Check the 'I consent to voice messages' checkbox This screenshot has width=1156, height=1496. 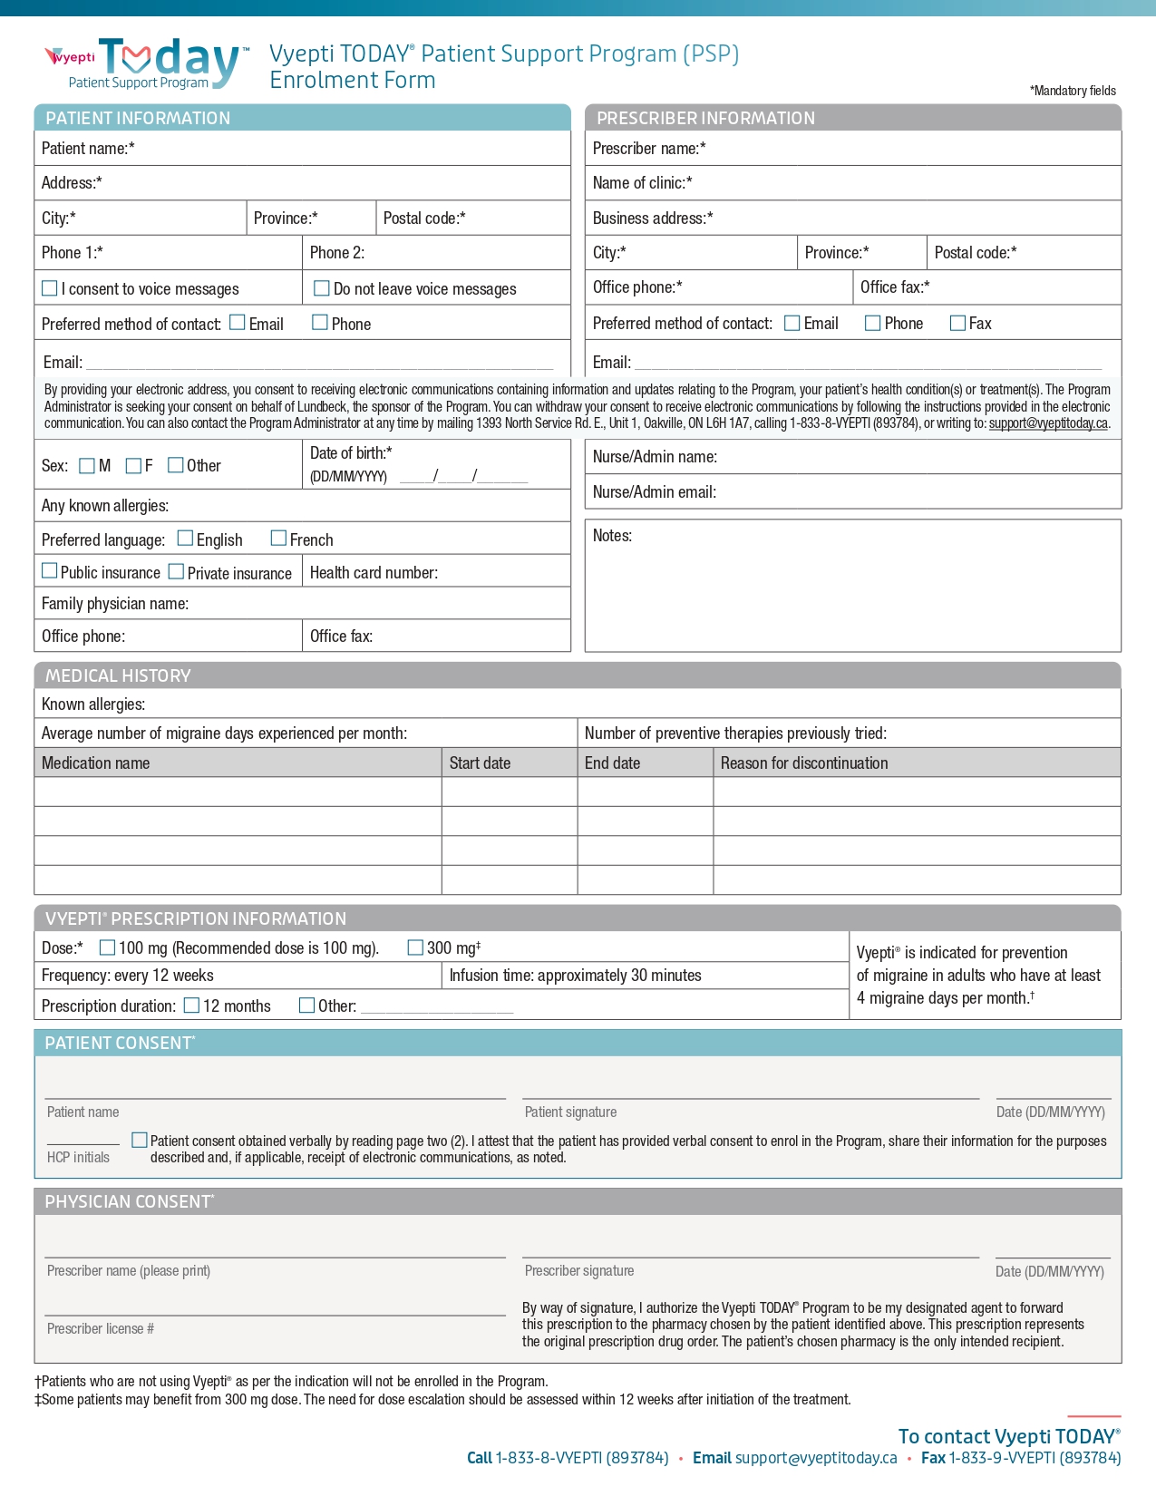click(50, 288)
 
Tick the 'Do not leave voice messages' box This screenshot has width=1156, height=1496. click(321, 288)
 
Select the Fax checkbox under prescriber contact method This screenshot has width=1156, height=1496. click(957, 323)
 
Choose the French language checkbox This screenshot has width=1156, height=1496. click(278, 539)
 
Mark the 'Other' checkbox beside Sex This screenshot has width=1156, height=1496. click(176, 465)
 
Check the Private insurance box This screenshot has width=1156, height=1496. click(176, 571)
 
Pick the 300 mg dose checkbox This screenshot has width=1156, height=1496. click(415, 947)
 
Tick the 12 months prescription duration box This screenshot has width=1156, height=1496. click(191, 1005)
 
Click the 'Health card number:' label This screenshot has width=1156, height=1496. click(374, 573)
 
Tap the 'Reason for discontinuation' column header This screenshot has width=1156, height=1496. click(804, 763)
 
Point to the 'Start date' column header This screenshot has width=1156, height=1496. click(480, 763)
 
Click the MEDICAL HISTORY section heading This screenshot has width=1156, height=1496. click(118, 675)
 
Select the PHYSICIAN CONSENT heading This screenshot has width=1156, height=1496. click(129, 1201)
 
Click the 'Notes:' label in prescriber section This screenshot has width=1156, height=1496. click(612, 536)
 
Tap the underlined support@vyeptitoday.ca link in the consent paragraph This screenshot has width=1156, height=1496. click(1048, 423)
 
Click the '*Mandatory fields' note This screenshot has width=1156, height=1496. click(1073, 91)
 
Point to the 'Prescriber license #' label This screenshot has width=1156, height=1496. click(101, 1329)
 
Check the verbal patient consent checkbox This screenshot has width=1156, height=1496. click(140, 1140)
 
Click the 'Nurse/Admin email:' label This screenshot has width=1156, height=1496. click(654, 492)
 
